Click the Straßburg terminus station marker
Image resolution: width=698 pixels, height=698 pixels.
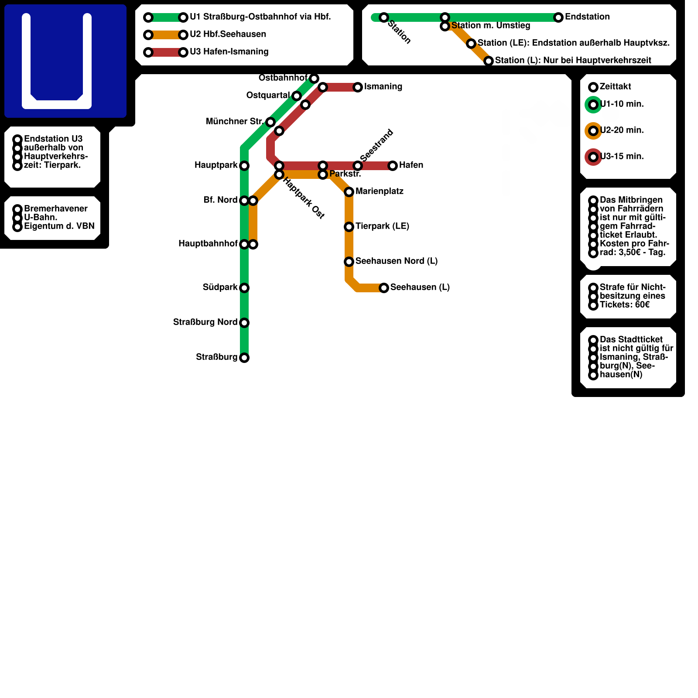point(244,358)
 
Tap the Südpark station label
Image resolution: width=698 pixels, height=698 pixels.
point(220,287)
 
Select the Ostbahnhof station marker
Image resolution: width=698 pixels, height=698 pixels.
point(314,79)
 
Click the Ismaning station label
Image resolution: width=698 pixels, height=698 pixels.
point(383,86)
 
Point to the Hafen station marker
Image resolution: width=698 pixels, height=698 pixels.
point(393,166)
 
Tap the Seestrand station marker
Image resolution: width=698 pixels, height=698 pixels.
point(358,166)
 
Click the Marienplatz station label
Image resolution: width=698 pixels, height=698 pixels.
point(379,191)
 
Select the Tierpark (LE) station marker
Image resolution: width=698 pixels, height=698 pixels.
point(349,227)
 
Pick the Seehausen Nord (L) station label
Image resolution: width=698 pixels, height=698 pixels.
point(396,261)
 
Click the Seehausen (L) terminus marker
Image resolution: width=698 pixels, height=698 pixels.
point(384,288)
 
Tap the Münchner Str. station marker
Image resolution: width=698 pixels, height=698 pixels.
point(270,122)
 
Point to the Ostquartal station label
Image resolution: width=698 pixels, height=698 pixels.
point(268,95)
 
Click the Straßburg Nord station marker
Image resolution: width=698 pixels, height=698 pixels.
point(244,323)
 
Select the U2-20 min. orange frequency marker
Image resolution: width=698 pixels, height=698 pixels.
point(593,131)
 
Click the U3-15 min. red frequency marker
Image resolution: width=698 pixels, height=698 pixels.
point(593,157)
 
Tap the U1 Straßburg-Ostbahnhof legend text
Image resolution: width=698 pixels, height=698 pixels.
point(260,17)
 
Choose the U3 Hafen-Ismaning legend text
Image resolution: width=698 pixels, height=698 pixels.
point(229,51)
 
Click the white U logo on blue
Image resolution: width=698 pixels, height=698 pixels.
point(57,61)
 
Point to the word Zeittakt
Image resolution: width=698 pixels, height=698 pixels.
point(615,86)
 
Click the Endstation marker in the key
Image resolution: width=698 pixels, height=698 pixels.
point(558,17)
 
